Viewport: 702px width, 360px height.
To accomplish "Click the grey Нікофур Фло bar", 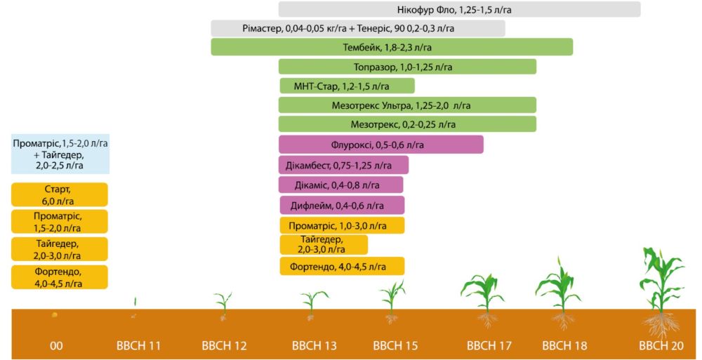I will point(460,9).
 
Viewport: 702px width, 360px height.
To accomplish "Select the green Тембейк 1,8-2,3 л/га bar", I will point(392,47).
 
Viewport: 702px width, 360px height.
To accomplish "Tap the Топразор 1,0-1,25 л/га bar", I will point(407,67).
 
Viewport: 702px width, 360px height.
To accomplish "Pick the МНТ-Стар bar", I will point(346,86).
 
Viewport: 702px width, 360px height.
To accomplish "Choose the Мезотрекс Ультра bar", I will point(407,105).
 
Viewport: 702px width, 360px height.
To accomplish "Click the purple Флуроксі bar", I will point(380,145).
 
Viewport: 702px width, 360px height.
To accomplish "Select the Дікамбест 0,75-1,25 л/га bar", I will point(343,166).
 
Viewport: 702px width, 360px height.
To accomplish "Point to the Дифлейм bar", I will point(342,205).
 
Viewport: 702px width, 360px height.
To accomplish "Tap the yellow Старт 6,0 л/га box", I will point(60,194).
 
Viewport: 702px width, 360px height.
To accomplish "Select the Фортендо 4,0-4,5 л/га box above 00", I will point(60,277).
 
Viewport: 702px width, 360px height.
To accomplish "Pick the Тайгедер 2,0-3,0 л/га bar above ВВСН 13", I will point(324,244).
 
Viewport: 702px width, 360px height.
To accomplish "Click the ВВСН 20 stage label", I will point(661,346).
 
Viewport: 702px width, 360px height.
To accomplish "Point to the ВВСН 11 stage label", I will point(138,346).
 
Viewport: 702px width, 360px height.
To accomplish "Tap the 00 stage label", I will point(57,346).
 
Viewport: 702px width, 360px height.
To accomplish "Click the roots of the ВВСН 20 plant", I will point(661,324).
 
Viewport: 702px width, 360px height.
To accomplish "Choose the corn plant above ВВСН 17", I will point(484,291).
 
